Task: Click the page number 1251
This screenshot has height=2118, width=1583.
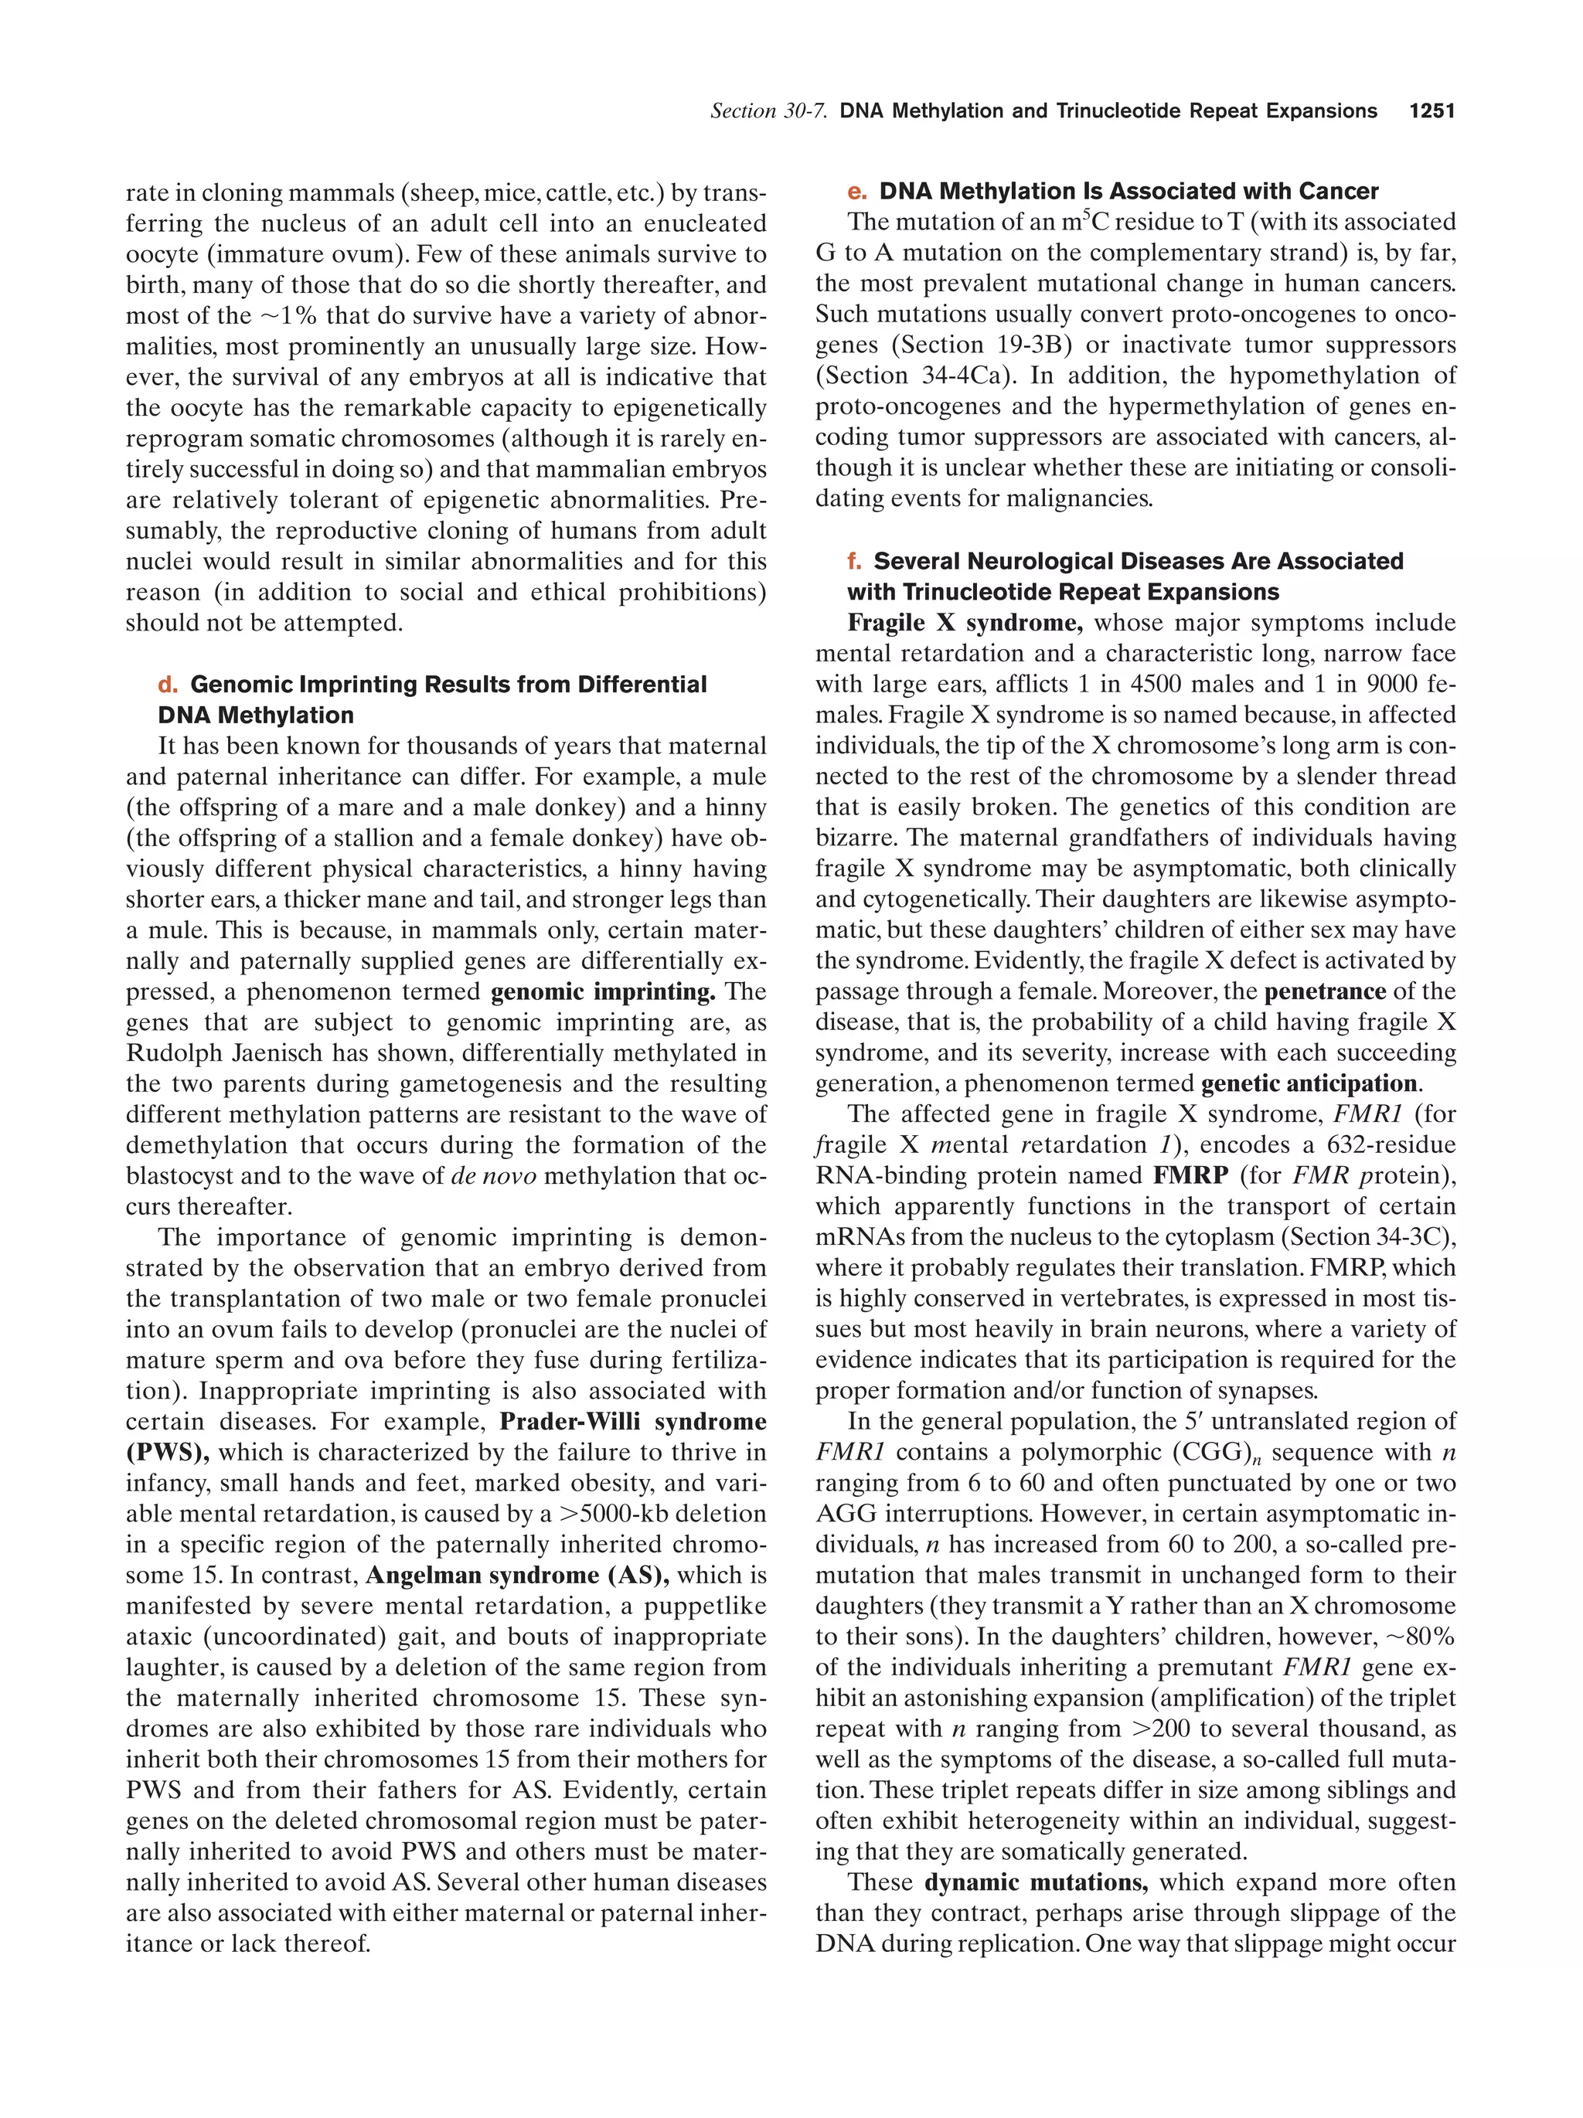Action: [1432, 111]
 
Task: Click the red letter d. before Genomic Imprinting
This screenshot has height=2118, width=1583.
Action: [168, 685]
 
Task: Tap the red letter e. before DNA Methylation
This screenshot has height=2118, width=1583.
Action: [857, 192]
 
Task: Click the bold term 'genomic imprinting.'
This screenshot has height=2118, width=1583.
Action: [604, 992]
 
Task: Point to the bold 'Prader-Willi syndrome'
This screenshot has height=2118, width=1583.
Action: [633, 1422]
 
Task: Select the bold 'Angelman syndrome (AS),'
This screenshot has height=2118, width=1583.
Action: [517, 1575]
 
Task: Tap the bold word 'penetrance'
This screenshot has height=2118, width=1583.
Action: [1326, 992]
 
